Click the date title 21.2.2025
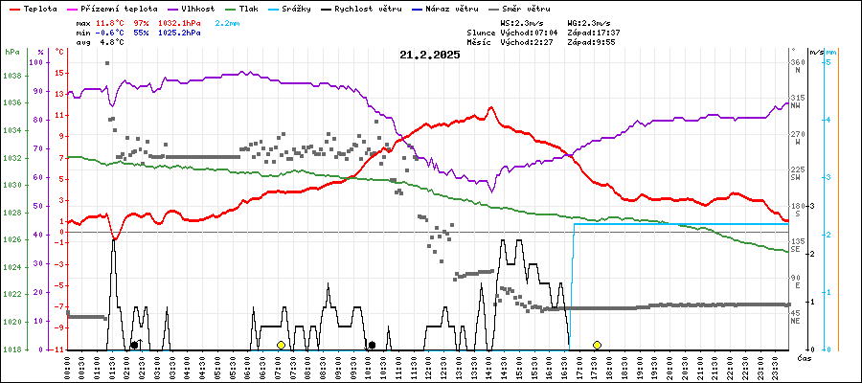pyautogui.click(x=430, y=55)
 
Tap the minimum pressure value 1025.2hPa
pyautogui.click(x=179, y=32)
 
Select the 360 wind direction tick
pyautogui.click(x=796, y=63)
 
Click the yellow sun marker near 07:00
pyautogui.click(x=281, y=345)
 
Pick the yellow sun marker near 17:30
pyautogui.click(x=597, y=345)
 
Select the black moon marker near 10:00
pyautogui.click(x=371, y=345)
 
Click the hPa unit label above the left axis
pyautogui.click(x=11, y=52)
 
